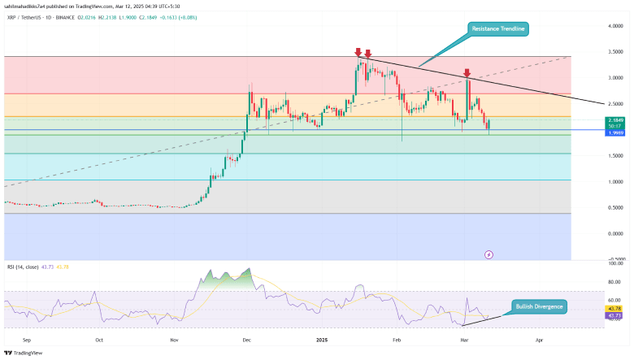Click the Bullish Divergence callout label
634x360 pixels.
click(x=539, y=307)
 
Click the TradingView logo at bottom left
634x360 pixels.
click(x=25, y=352)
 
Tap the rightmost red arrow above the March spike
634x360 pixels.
click(x=467, y=72)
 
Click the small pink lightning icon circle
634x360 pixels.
click(x=489, y=254)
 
